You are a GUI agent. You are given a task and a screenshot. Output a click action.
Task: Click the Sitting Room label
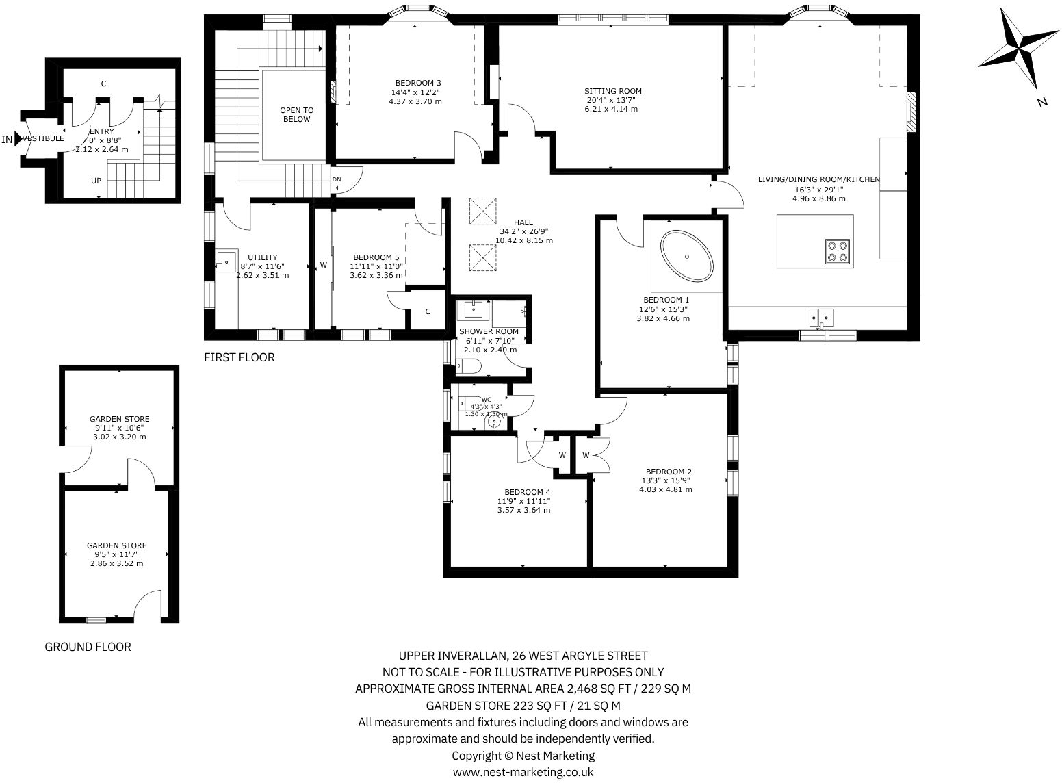point(612,91)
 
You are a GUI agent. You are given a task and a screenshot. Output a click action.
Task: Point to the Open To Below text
point(296,114)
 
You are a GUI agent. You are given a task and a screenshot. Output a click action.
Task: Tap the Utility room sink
point(225,261)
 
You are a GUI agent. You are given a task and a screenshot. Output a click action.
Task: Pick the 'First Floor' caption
point(239,357)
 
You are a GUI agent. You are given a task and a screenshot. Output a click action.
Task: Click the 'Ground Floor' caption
point(88,647)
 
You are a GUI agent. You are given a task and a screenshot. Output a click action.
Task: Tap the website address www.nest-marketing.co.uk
point(523,772)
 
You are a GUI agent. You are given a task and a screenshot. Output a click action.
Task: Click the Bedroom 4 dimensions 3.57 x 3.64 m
point(523,510)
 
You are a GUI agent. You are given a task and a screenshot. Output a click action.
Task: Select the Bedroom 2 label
point(669,471)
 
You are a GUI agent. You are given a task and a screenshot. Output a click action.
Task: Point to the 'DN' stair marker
point(337,179)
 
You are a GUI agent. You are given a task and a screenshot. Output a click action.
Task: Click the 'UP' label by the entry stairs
point(97,181)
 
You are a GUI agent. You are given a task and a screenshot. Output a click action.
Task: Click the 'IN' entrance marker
point(7,140)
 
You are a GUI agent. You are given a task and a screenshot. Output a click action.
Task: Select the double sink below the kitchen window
point(821,317)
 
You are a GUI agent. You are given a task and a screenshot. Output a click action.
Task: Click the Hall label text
point(523,222)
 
